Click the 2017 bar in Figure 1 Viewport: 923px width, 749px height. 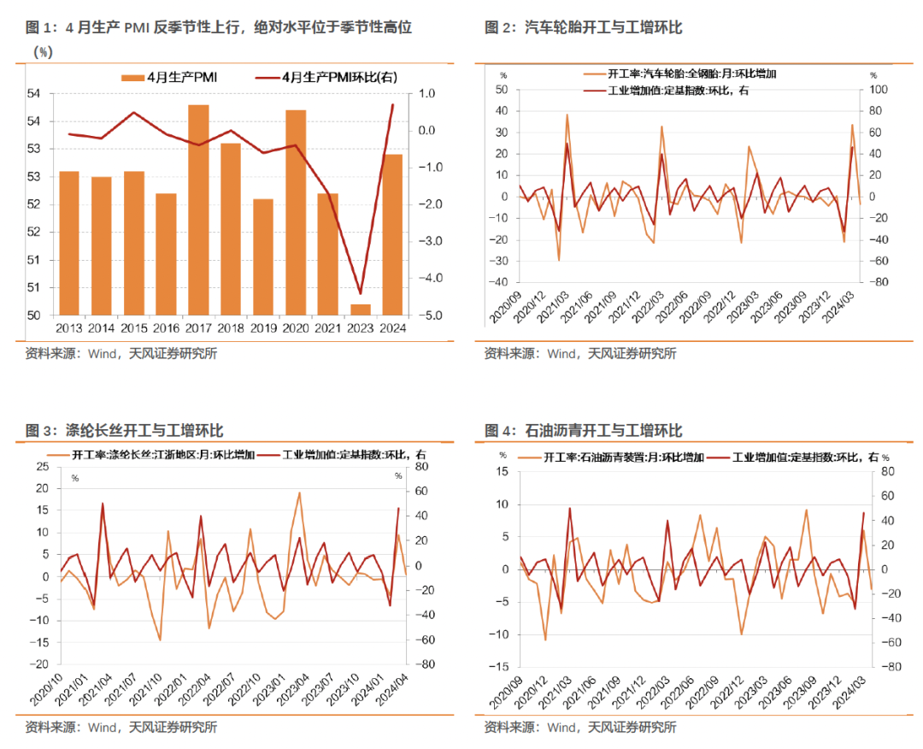[198, 209]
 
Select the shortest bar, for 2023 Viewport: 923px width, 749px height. [361, 310]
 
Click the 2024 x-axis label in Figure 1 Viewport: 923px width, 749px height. [393, 327]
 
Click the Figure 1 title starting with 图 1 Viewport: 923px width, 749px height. [219, 28]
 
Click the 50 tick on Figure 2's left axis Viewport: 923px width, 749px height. [502, 90]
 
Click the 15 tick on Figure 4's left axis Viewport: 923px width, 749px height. [503, 471]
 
